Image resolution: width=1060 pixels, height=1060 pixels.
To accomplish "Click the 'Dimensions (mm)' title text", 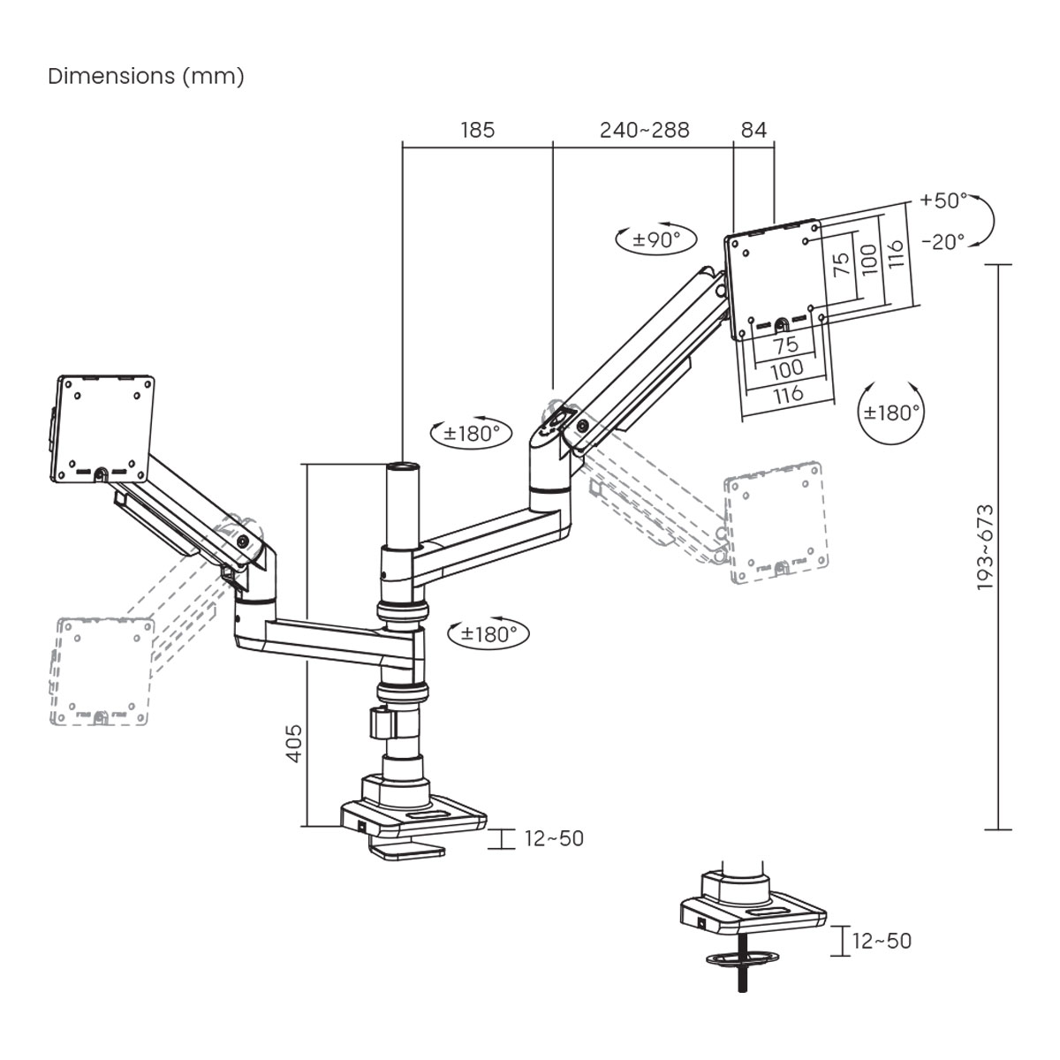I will [x=146, y=76].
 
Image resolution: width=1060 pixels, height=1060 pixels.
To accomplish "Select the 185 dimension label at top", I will [x=478, y=130].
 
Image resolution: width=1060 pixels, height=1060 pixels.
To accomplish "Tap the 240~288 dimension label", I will [x=644, y=130].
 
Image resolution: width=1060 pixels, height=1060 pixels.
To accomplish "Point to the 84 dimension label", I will [x=753, y=130].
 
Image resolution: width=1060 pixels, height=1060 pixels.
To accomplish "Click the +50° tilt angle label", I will [x=943, y=201].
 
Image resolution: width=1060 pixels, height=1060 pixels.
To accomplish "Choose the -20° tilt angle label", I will [x=943, y=241].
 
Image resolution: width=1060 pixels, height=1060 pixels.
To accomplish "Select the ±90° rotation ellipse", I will [x=656, y=238].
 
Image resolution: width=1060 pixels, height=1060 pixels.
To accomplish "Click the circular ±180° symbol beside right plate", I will [x=892, y=412].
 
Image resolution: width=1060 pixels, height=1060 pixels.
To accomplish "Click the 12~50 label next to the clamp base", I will [x=554, y=838].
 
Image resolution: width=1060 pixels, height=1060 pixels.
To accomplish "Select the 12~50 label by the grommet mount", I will [x=881, y=941].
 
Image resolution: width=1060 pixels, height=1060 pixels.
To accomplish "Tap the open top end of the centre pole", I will [x=403, y=465].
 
